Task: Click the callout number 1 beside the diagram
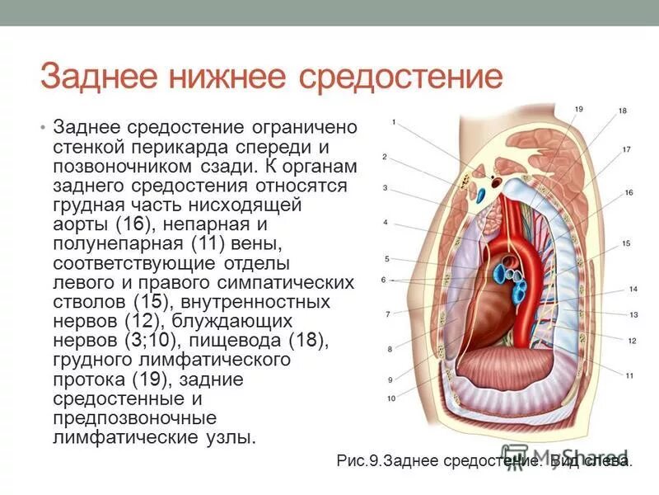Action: (395, 123)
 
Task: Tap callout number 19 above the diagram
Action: (578, 110)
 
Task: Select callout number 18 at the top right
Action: (622, 111)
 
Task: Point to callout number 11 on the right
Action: (629, 376)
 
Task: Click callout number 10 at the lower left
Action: (391, 398)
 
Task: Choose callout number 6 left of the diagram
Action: (383, 280)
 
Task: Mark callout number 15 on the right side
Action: (626, 243)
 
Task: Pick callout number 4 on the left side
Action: (385, 223)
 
